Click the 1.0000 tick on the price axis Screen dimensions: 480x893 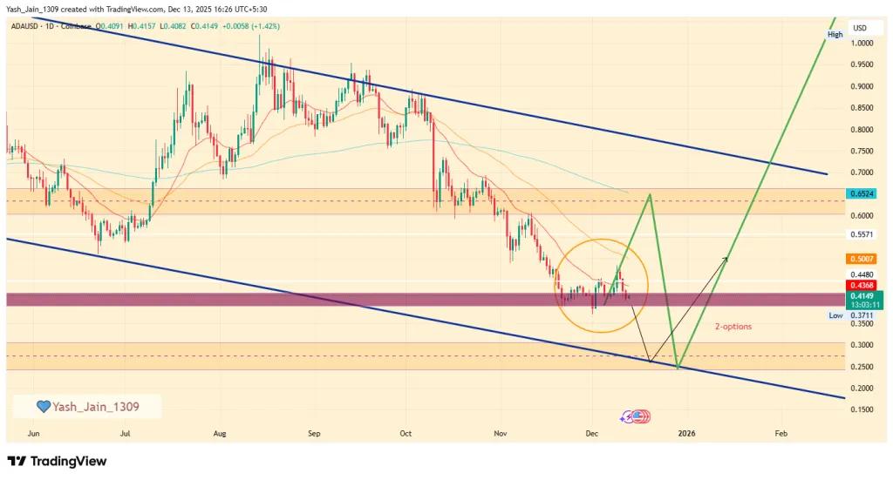(x=863, y=44)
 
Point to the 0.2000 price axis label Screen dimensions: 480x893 (x=863, y=388)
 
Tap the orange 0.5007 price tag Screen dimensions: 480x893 (x=863, y=260)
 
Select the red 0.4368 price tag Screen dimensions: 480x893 (x=863, y=285)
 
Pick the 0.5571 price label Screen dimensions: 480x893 (x=863, y=235)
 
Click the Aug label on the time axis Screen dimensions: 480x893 (x=219, y=432)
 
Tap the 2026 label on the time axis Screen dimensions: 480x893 (x=686, y=432)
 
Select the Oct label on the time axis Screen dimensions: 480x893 (x=405, y=432)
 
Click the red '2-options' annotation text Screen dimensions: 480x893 (x=733, y=327)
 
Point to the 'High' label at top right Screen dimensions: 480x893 (x=835, y=35)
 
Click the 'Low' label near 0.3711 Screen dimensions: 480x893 (x=835, y=315)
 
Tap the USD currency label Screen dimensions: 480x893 (x=860, y=28)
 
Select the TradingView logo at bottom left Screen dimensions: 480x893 (x=57, y=461)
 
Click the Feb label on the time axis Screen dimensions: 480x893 (x=780, y=432)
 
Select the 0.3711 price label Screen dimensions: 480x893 (x=863, y=315)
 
